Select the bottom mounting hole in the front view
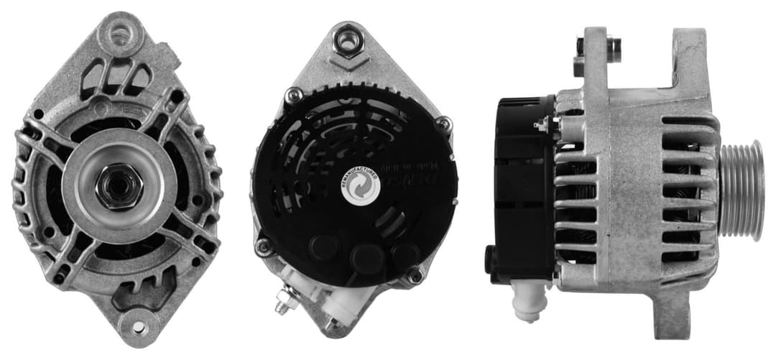click(x=137, y=328)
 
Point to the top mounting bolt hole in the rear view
click(x=348, y=40)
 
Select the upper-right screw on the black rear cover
click(x=444, y=124)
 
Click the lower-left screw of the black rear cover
click(x=264, y=247)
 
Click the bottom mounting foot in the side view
click(x=673, y=316)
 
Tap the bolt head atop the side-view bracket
click(x=613, y=46)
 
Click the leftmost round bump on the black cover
click(x=325, y=248)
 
